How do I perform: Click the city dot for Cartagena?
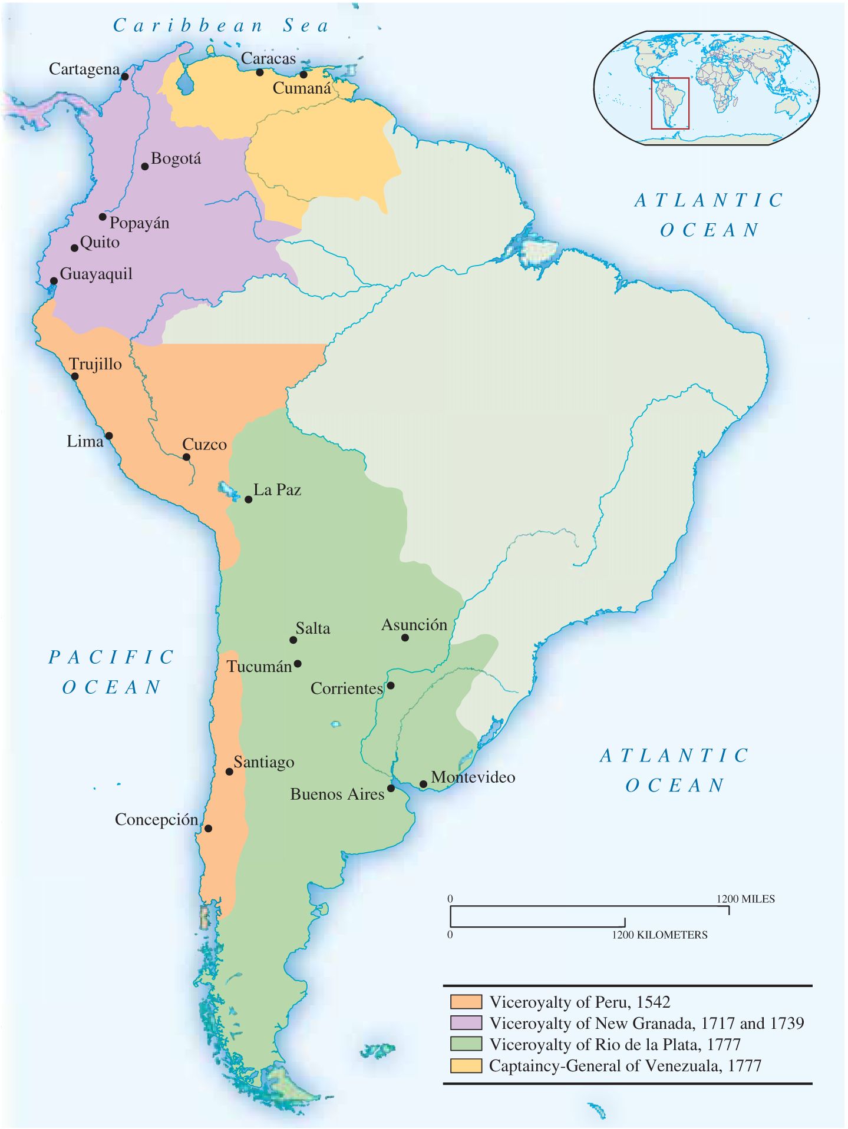[125, 76]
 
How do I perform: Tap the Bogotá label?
[176, 159]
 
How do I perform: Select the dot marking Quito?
[75, 248]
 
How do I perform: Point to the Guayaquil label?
[96, 274]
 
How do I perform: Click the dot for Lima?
[109, 436]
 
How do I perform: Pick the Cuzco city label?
[204, 444]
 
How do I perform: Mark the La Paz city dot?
[249, 499]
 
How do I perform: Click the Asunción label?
[414, 625]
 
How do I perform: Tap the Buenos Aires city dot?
[391, 788]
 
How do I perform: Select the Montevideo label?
[473, 777]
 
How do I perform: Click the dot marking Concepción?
[208, 828]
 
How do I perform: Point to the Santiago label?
[263, 762]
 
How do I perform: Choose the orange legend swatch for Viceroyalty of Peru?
[466, 1002]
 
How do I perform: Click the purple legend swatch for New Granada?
[466, 1023]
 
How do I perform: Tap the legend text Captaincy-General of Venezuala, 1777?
[625, 1066]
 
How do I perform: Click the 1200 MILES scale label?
[745, 899]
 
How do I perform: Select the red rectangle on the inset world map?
[670, 103]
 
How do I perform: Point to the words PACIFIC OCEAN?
[111, 672]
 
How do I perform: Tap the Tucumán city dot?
[298, 664]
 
